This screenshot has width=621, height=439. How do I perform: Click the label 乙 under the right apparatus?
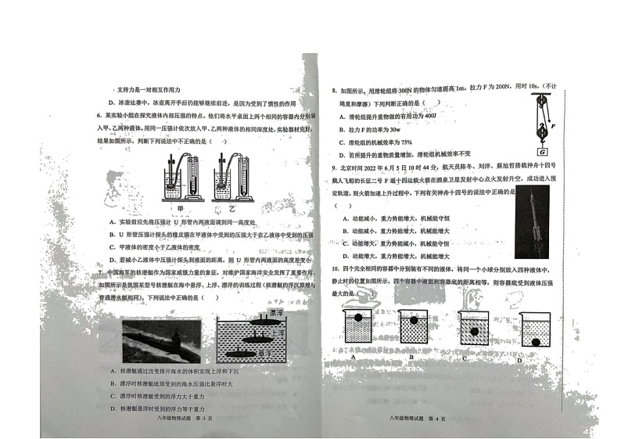235,209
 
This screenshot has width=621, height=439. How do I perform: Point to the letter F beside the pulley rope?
553,125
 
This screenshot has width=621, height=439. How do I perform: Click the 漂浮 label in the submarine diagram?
274,313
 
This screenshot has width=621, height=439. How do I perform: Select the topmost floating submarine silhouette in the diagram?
257,319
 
